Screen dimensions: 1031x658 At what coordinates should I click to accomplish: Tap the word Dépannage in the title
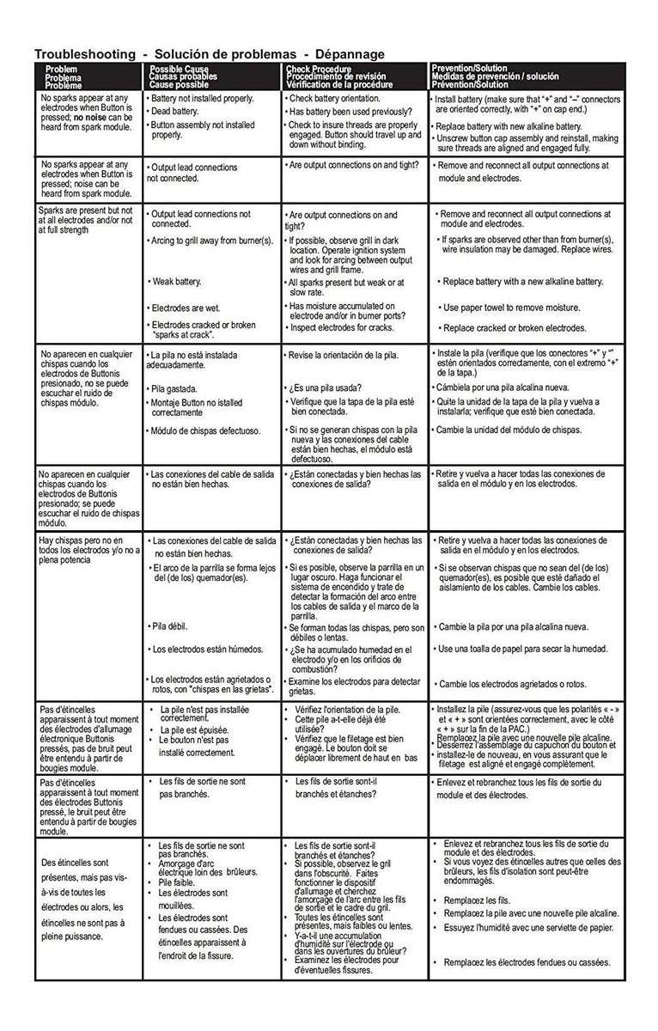pos(350,53)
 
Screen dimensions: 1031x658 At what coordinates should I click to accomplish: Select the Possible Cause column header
pos(179,68)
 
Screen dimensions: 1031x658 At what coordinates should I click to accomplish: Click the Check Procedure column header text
pos(320,68)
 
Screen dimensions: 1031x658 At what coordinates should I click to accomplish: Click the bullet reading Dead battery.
pos(174,111)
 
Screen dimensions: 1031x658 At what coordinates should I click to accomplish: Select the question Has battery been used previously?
pos(350,112)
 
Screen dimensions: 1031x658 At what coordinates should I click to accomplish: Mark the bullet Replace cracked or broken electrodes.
pos(514,327)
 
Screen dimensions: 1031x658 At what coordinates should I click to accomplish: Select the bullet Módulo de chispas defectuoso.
pos(205,430)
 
